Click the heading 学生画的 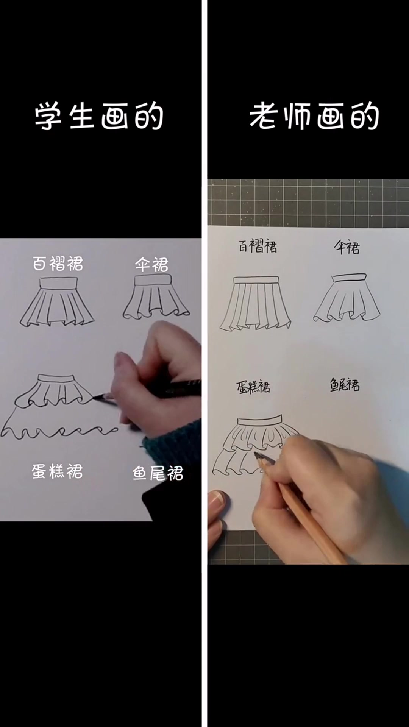[x=99, y=117]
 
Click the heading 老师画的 [x=314, y=117]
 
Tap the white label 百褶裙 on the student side [x=58, y=264]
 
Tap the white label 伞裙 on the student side [x=152, y=265]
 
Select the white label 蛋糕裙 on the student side [x=57, y=472]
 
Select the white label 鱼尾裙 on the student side [x=158, y=473]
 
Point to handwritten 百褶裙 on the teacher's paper [x=258, y=246]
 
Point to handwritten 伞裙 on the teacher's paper [x=347, y=248]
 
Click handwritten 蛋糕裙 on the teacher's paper [x=253, y=387]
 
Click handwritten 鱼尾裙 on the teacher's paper [x=344, y=385]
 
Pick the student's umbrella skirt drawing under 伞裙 [x=156, y=297]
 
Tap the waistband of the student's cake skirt [x=56, y=378]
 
